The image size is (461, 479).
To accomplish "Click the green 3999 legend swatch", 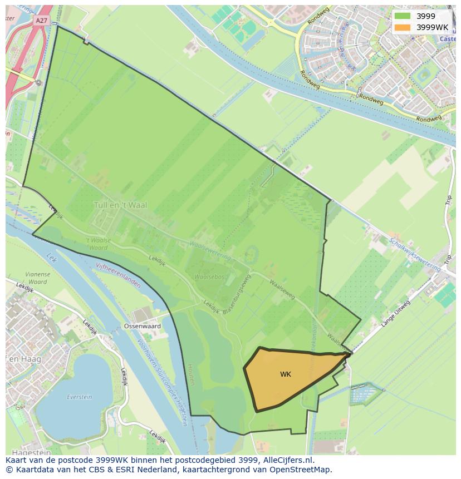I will coord(402,16).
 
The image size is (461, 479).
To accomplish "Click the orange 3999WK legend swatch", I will coord(402,27).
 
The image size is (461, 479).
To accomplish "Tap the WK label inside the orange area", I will coord(286,374).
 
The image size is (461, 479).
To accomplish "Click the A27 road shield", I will coord(41,21).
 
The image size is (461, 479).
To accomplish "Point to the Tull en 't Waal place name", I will coord(120,205).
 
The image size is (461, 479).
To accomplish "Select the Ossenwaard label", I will coord(143,326).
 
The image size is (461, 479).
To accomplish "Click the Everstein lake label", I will coord(79,397).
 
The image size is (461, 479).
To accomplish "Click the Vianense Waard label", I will coord(38,278).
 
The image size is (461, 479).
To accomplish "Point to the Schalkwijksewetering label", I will coord(415,255).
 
